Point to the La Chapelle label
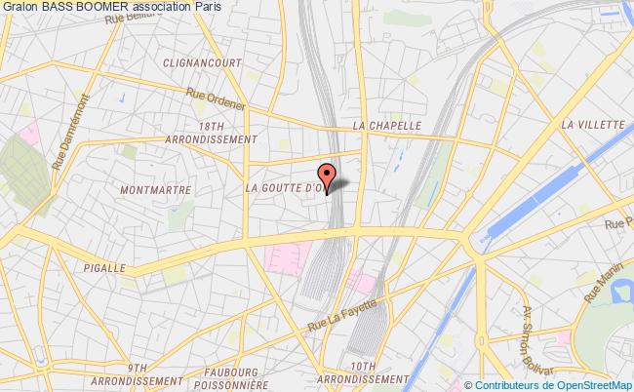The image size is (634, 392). click(x=386, y=126)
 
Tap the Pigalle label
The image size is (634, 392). click(x=106, y=267)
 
